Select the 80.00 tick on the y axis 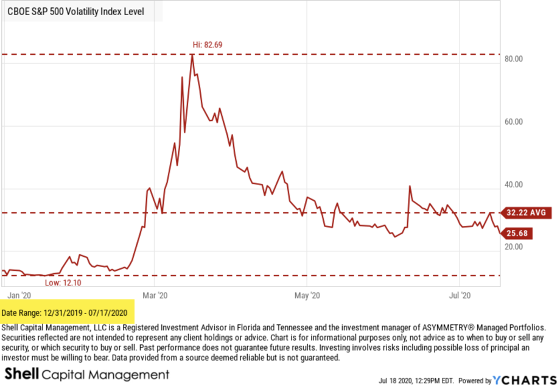click(x=514, y=60)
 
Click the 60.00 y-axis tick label click(x=514, y=122)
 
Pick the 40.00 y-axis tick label click(x=514, y=185)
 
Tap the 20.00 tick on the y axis click(x=514, y=247)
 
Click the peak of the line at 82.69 click(x=192, y=55)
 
